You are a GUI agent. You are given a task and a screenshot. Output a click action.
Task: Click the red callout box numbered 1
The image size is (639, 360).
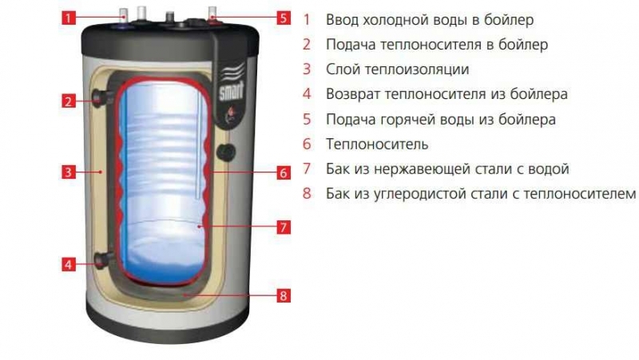69,18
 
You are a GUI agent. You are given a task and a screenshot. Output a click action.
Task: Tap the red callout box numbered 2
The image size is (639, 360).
69,101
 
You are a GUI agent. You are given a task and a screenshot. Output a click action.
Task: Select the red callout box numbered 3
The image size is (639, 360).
69,172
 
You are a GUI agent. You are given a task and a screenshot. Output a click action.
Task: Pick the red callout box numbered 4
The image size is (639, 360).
69,264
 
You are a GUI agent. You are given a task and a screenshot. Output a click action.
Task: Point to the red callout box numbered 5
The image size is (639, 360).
284,18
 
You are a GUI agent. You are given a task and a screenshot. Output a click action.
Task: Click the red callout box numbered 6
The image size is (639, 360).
284,172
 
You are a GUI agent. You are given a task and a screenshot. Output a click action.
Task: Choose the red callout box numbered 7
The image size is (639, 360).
284,227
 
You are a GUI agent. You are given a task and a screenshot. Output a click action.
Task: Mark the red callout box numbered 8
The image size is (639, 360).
284,295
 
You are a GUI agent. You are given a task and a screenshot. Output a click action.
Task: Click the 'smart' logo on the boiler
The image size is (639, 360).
232,91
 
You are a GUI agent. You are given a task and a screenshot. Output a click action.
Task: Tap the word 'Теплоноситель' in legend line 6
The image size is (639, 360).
377,144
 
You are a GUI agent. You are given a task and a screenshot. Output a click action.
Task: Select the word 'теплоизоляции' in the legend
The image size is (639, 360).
416,69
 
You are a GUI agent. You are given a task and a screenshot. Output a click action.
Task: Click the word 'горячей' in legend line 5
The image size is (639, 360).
408,120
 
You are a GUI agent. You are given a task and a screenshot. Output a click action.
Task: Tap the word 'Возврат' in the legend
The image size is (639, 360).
353,94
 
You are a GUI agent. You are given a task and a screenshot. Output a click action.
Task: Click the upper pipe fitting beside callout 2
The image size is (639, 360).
103,98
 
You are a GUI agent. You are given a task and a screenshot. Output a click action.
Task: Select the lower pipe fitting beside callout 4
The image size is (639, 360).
104,259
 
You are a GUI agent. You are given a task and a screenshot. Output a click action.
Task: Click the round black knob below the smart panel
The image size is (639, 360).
226,152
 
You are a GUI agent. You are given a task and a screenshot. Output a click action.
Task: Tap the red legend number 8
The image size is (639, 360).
307,193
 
